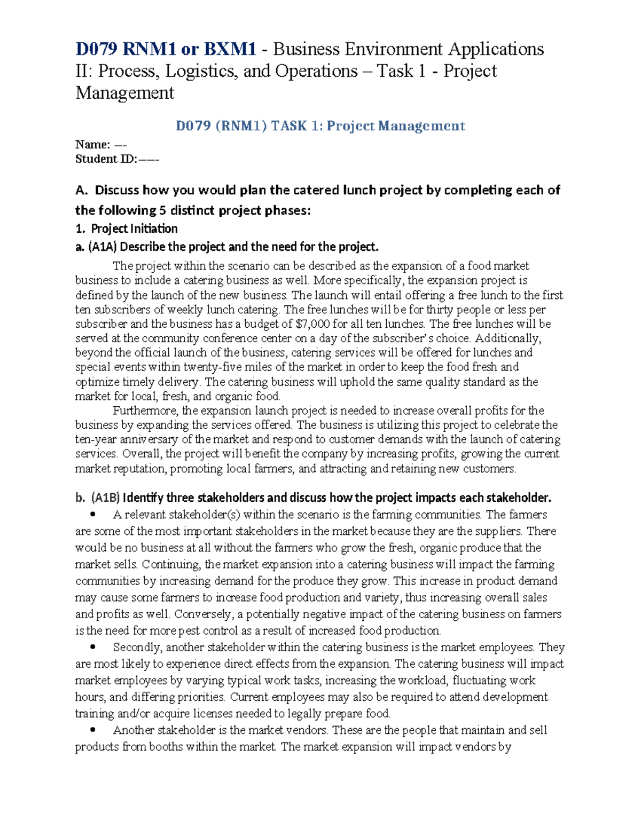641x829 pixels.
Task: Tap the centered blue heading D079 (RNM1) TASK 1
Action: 320,126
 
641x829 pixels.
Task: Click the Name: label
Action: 92,145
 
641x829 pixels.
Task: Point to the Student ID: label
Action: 106,159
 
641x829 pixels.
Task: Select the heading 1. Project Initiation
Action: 127,229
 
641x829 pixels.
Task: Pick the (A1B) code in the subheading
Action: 105,498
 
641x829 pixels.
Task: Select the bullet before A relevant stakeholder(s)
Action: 93,515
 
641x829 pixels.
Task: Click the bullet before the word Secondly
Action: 93,647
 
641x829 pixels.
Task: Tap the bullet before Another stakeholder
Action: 93,730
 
